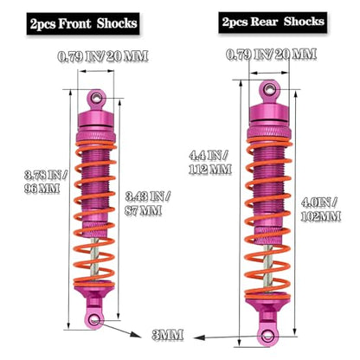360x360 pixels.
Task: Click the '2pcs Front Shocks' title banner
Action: pyautogui.click(x=83, y=23)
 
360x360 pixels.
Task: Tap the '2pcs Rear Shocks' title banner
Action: pyautogui.click(x=273, y=22)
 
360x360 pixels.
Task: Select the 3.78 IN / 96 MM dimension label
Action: pyautogui.click(x=46, y=182)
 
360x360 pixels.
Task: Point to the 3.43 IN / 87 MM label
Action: pyautogui.click(x=147, y=203)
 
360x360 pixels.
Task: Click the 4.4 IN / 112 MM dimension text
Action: pyautogui.click(x=210, y=163)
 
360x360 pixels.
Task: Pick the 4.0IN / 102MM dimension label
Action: pyautogui.click(x=321, y=209)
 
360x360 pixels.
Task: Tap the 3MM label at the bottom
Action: pyautogui.click(x=168, y=335)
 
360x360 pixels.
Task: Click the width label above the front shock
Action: pyautogui.click(x=103, y=56)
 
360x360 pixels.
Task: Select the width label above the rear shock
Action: pyautogui.click(x=271, y=55)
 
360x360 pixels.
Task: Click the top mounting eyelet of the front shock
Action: pyautogui.click(x=96, y=98)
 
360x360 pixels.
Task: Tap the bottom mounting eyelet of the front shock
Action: pyautogui.click(x=94, y=320)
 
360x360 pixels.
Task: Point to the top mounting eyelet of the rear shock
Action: pyautogui.click(x=269, y=89)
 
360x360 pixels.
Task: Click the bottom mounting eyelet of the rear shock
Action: pyautogui.click(x=268, y=336)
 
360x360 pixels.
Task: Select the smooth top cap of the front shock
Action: pyautogui.click(x=96, y=119)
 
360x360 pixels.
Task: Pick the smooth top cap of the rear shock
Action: pyautogui.click(x=269, y=113)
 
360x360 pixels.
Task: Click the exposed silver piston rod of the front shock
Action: pyautogui.click(x=95, y=260)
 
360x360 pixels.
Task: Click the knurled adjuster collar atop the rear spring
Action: pyautogui.click(x=269, y=132)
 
